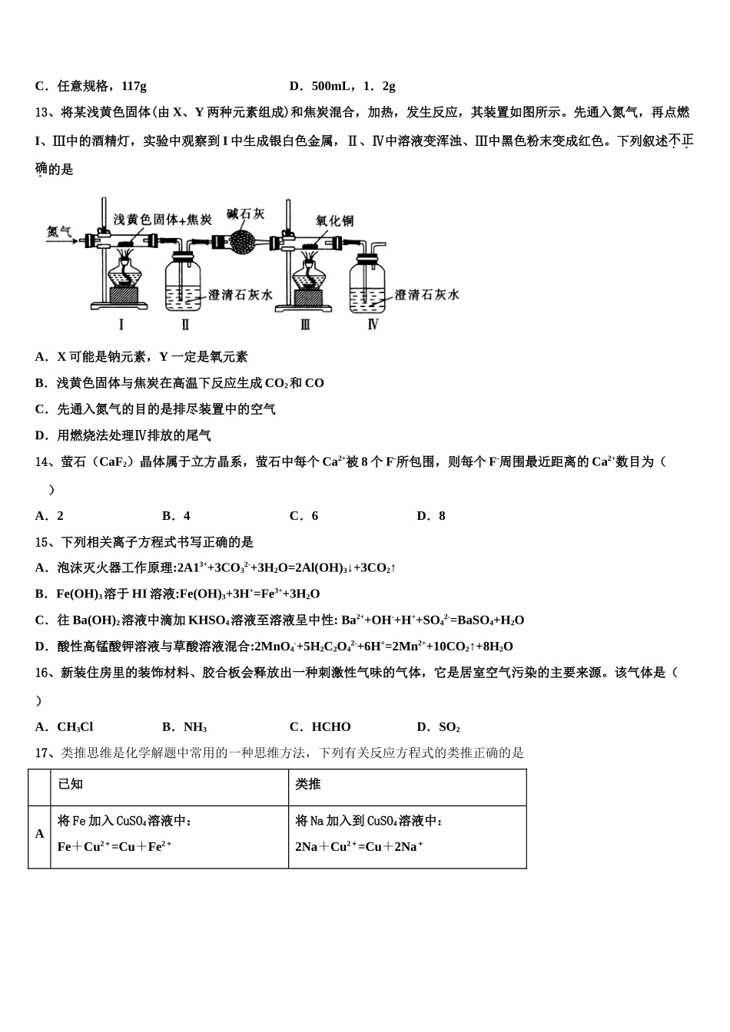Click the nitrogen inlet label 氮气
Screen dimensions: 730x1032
(59, 231)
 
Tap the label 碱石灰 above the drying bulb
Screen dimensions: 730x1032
(245, 214)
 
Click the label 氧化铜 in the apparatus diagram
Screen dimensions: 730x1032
(334, 221)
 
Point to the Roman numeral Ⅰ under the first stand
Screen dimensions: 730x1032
(121, 324)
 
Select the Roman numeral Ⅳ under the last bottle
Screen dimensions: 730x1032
(373, 324)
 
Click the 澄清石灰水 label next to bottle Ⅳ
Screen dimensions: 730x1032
(427, 295)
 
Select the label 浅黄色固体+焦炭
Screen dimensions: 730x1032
(162, 220)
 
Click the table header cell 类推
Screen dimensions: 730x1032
(308, 784)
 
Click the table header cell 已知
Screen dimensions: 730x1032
(71, 784)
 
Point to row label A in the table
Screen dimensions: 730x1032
(40, 834)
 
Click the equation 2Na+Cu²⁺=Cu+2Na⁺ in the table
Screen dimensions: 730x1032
(359, 847)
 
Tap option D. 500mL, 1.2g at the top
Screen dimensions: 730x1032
(342, 86)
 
